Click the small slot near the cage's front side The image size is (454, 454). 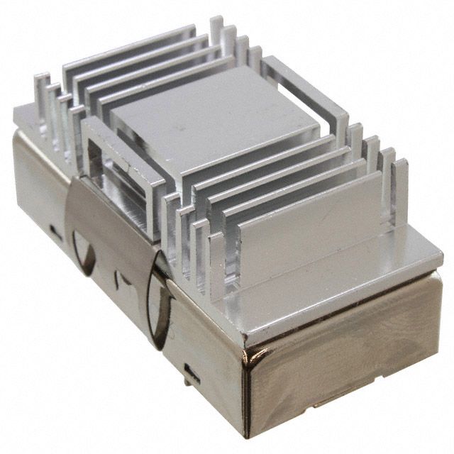coord(191,370)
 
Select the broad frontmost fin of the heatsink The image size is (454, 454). coord(312,213)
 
